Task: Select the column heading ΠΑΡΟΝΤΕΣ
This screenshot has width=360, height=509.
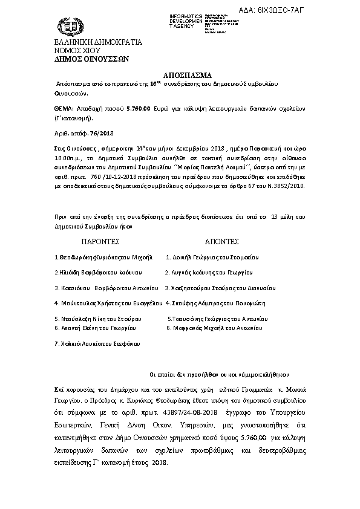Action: click(99, 241)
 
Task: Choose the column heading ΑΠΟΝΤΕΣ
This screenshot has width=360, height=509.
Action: click(221, 241)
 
